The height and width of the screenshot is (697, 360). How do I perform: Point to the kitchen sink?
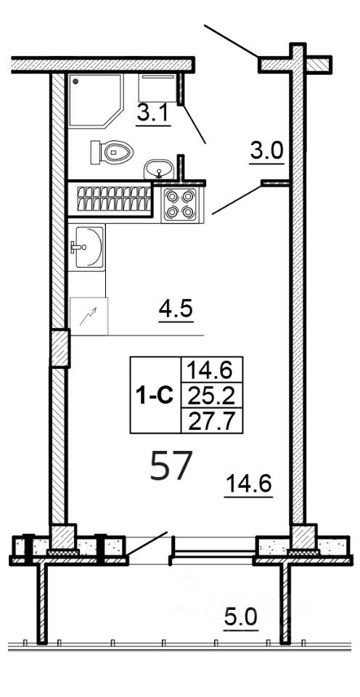pos(87,246)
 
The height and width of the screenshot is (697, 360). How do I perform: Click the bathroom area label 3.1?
pos(153,114)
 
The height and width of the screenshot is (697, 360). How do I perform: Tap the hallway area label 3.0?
pos(266,152)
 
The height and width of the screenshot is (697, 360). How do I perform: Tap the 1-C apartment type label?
pos(154,396)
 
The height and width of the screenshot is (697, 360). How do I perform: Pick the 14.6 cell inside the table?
pos(210,370)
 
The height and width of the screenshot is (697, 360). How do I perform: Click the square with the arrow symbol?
pos(88,316)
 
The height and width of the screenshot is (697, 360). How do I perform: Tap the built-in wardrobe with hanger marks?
pos(110,198)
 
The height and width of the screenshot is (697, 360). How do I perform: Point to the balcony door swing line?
pos(147,547)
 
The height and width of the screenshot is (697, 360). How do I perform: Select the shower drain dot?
pos(75,83)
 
